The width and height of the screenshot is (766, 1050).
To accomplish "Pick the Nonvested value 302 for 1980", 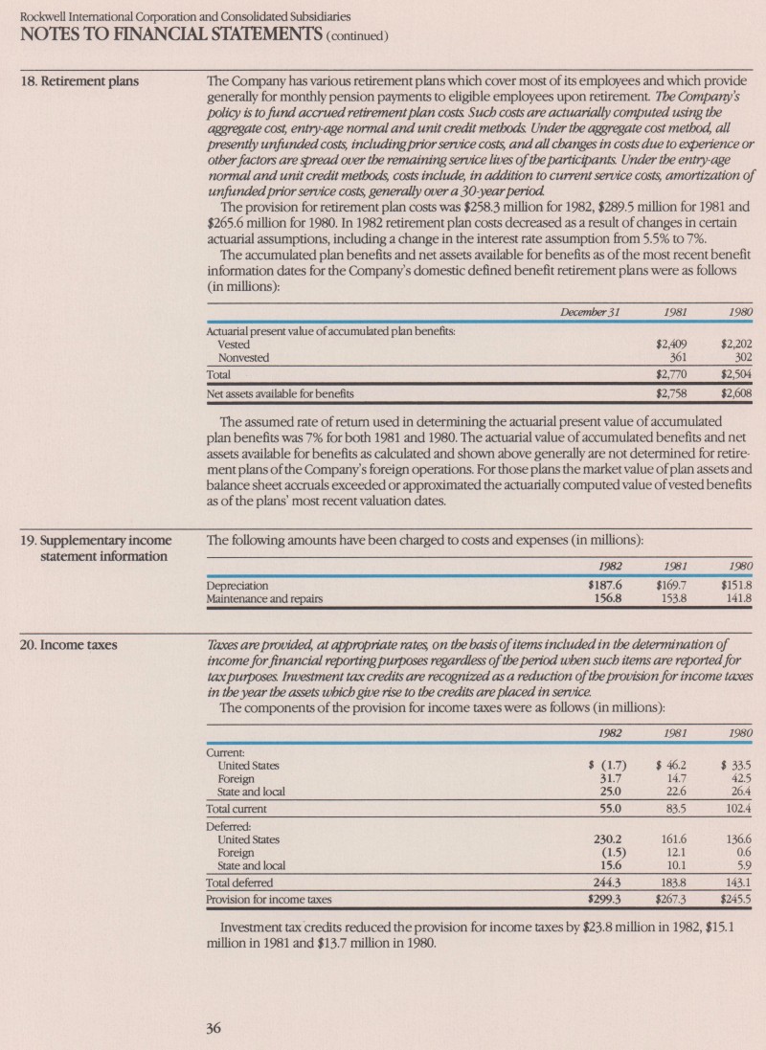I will pyautogui.click(x=737, y=357).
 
